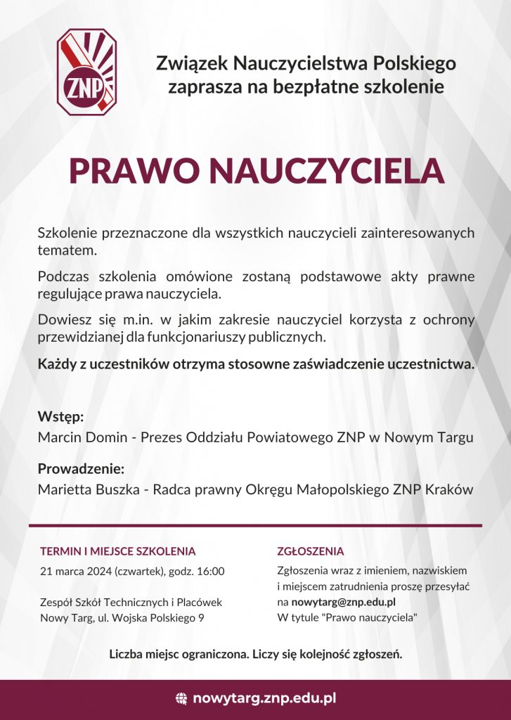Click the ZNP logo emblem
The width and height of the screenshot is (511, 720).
86,72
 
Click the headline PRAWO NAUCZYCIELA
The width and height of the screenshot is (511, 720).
257,171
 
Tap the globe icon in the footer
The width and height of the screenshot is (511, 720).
181,698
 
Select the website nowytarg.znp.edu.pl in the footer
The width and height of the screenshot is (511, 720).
264,698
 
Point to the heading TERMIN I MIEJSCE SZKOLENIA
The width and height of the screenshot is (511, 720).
118,551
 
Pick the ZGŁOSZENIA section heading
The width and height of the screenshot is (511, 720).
311,551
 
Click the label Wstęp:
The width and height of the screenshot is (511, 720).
61,416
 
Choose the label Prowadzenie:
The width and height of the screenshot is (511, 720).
81,468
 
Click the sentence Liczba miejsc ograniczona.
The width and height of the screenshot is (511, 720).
177,655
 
